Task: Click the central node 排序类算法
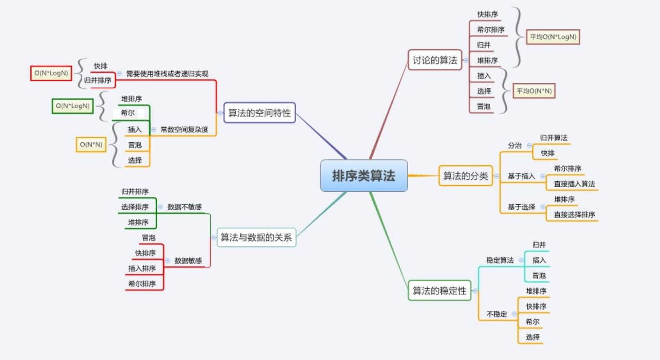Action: pos(364,176)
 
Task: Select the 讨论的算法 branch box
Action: pos(435,60)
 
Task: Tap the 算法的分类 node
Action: pos(465,176)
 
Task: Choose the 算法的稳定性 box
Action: pos(439,291)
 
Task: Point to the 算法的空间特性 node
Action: pos(259,113)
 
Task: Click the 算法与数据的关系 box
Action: pos(256,237)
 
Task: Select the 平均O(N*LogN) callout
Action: pos(553,37)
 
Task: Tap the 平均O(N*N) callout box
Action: pos(534,91)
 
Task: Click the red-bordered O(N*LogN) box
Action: pos(51,73)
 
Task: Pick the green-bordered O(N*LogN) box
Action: pos(73,106)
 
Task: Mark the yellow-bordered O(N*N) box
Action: pos(91,145)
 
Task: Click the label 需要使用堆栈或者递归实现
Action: pos(167,74)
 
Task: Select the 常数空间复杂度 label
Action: pos(184,129)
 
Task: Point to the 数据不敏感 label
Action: pos(184,207)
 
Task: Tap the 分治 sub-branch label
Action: pos(514,146)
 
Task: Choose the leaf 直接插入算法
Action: pos(574,184)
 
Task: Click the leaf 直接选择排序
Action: pos(574,215)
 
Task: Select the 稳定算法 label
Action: pos(500,260)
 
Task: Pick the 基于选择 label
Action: pos(521,207)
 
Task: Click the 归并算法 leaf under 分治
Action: pos(554,138)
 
